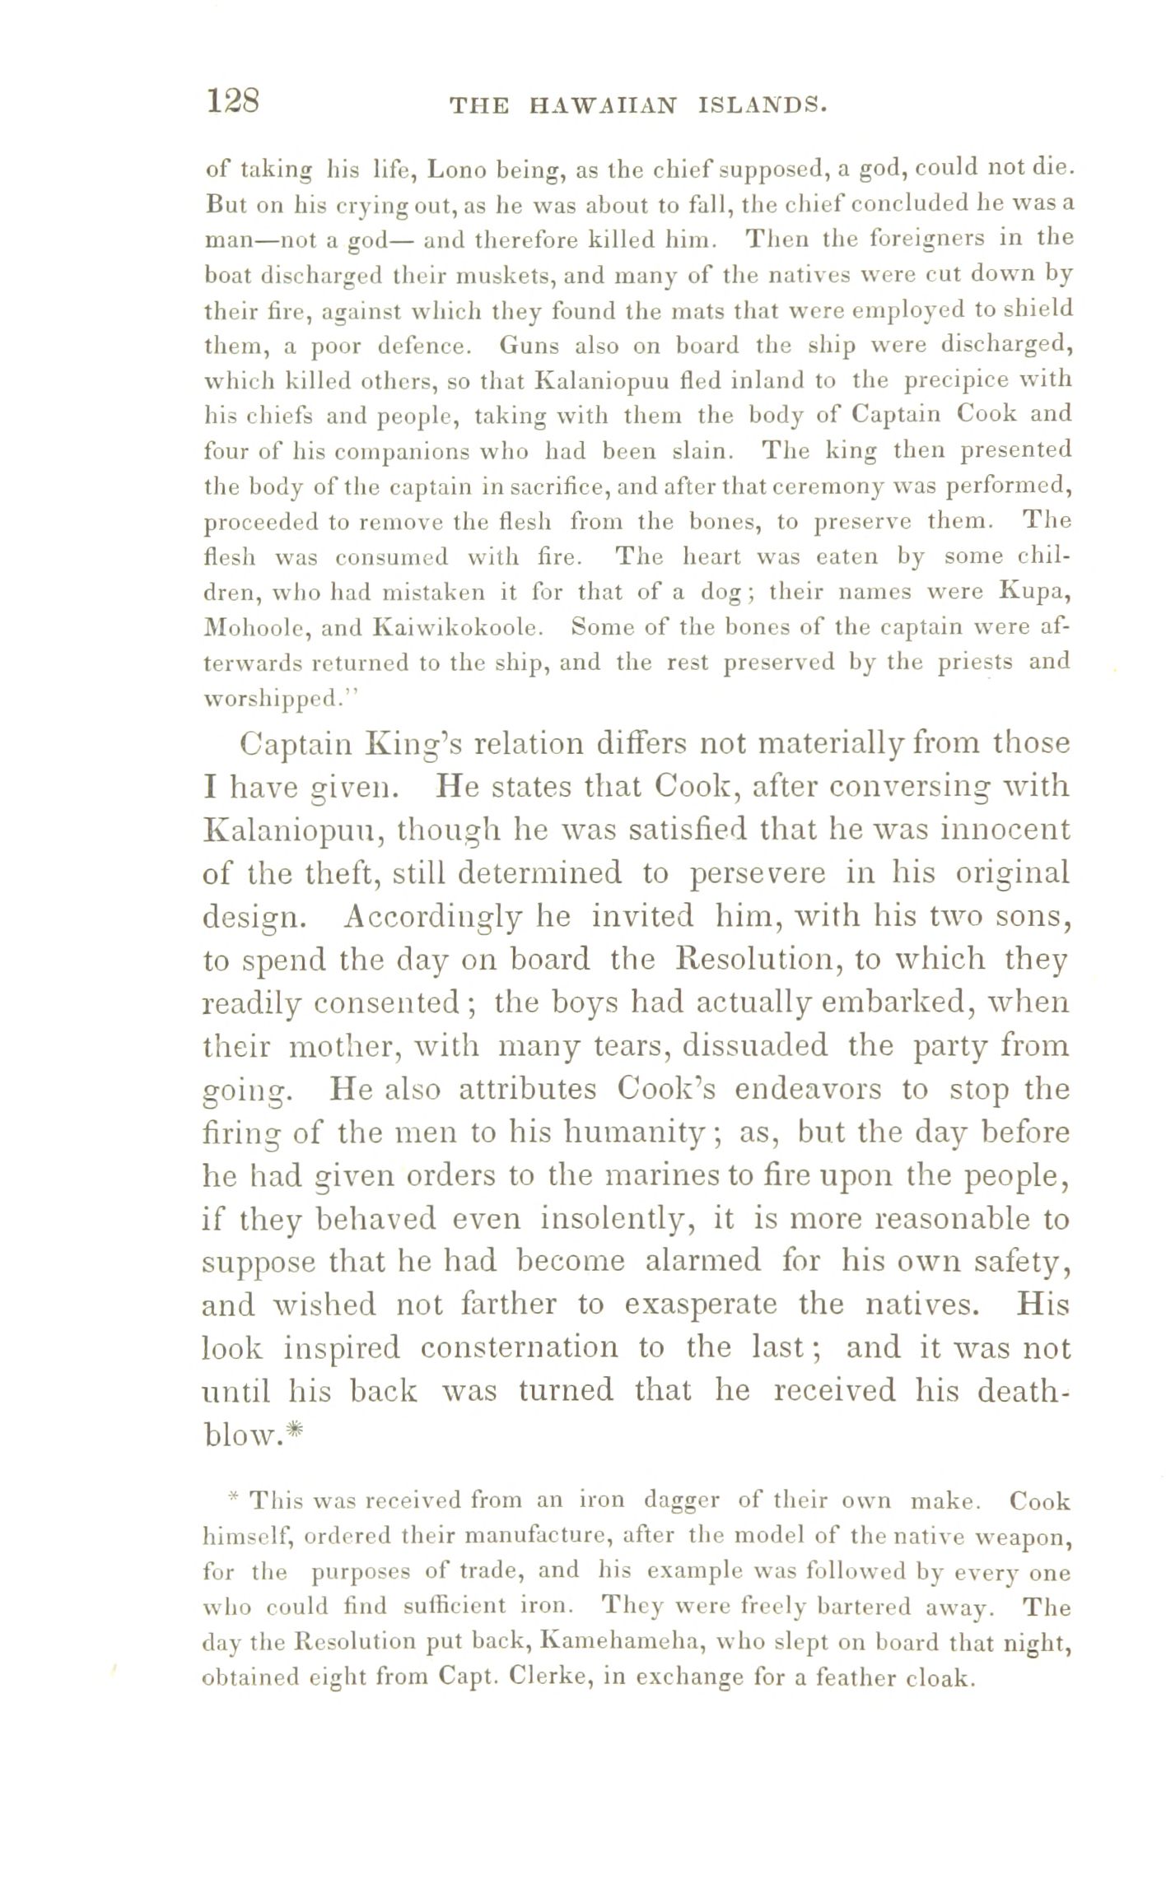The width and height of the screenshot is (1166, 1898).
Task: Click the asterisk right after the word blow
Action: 297,1433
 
